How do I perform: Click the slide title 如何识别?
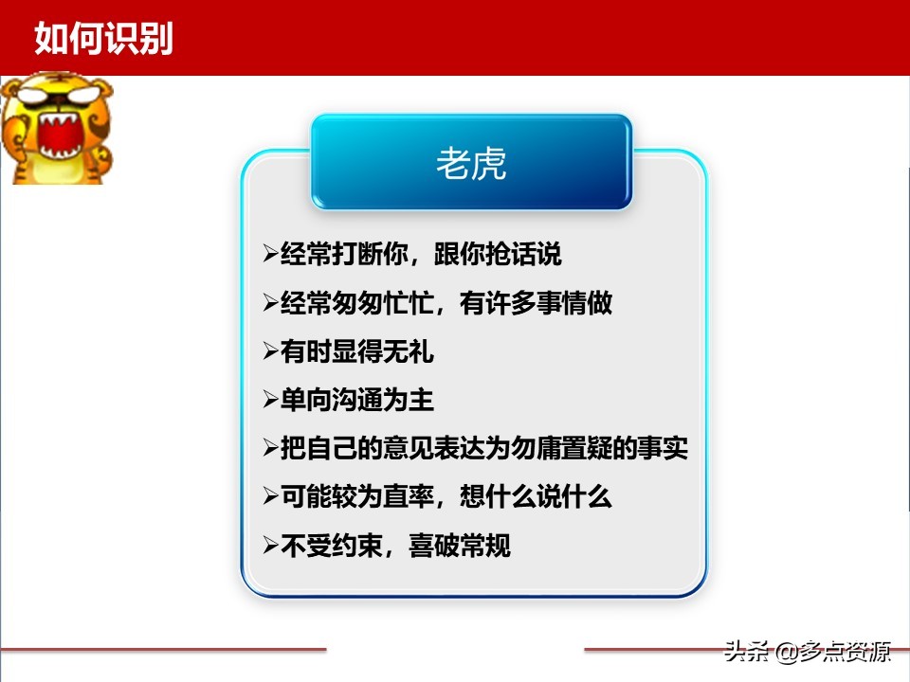(103, 39)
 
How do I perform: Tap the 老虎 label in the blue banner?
(471, 163)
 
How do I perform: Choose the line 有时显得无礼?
(357, 352)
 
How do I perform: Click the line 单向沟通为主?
(357, 401)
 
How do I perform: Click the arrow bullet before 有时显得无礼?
(270, 352)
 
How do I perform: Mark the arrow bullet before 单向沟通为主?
(270, 401)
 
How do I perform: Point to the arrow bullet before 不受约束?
(270, 547)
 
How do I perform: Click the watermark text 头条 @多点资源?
(807, 652)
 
